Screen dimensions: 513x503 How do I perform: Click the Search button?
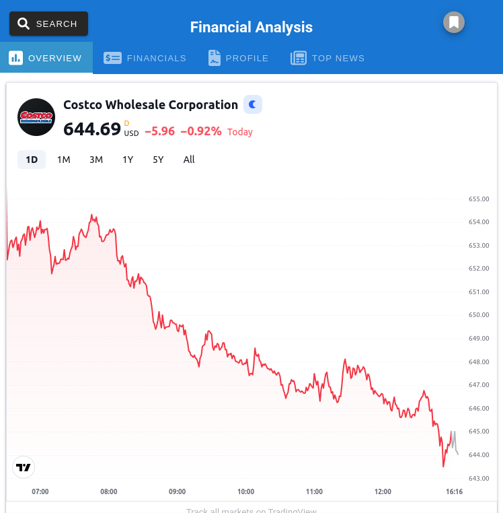pos(48,24)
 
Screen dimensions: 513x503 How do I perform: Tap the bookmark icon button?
pos(454,22)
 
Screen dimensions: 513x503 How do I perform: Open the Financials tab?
pos(145,58)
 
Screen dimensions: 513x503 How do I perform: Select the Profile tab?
pos(239,58)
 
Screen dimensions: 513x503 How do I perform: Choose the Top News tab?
pos(327,58)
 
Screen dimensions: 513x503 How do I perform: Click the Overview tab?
pos(46,58)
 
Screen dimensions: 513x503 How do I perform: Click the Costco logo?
pos(36,117)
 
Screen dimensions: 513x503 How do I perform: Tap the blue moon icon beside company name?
pos(252,104)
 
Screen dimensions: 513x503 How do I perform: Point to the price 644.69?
pos(92,129)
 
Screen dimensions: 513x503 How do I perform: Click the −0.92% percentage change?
pos(201,131)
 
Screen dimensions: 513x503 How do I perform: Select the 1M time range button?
pos(64,160)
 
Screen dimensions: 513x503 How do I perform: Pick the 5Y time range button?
pos(158,160)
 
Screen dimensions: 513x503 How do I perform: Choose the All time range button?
pos(189,160)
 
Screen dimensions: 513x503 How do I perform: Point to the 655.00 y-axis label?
pos(479,199)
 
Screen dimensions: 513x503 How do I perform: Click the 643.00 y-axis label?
pos(479,478)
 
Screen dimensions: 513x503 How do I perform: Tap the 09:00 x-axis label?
pos(177,491)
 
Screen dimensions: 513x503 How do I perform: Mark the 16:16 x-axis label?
pos(455,491)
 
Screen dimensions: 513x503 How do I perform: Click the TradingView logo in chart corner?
pos(24,467)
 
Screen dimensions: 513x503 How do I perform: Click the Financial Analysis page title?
pos(251,27)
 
